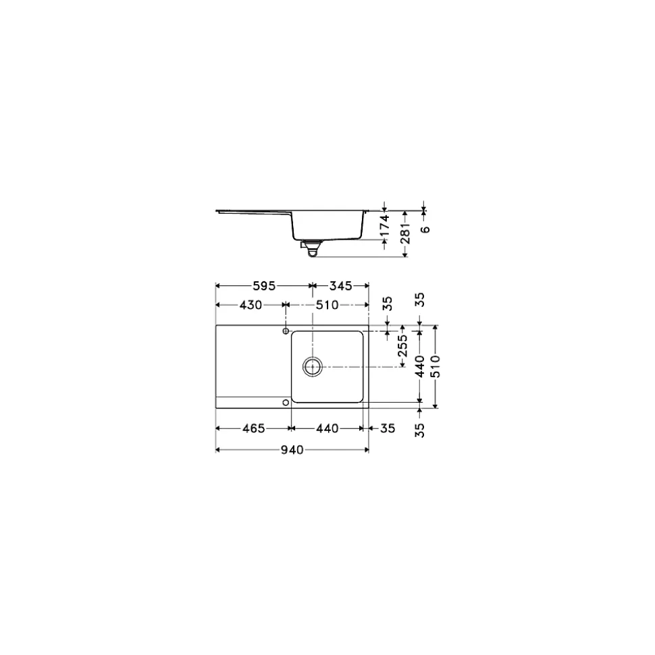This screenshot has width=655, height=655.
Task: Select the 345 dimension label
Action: point(340,286)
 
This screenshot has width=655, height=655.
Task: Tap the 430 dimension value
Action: point(251,305)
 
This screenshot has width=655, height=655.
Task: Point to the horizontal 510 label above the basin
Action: point(327,305)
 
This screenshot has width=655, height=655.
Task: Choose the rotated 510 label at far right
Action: point(436,366)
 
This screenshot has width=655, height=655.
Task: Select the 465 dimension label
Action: point(253,428)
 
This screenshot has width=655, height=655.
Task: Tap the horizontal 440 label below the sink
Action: point(326,428)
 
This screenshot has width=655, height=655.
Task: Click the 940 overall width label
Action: point(292,449)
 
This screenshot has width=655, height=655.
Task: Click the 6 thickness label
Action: point(425,229)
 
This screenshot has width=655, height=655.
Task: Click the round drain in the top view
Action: point(312,366)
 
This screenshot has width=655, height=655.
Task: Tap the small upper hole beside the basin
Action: point(286,332)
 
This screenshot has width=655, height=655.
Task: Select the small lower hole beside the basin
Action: point(286,402)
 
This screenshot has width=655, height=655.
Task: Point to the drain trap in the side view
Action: point(311,249)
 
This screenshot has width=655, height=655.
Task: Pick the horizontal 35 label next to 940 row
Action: point(388,428)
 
